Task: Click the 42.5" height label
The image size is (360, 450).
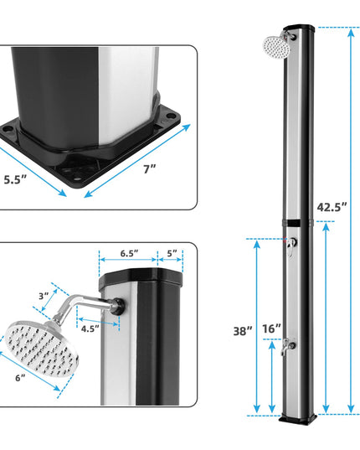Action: [x=332, y=207]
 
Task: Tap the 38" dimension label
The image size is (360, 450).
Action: [x=243, y=331]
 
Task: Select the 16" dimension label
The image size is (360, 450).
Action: [x=272, y=328]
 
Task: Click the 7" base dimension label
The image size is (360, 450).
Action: [x=150, y=169]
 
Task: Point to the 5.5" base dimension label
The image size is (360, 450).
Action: [x=15, y=180]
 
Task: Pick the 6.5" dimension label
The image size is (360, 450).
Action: [x=129, y=253]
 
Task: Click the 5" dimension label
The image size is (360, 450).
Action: [x=172, y=253]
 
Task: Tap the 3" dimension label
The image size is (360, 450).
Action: [x=44, y=296]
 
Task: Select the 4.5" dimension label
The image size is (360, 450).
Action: [x=90, y=328]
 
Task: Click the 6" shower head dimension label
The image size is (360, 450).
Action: [x=20, y=378]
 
